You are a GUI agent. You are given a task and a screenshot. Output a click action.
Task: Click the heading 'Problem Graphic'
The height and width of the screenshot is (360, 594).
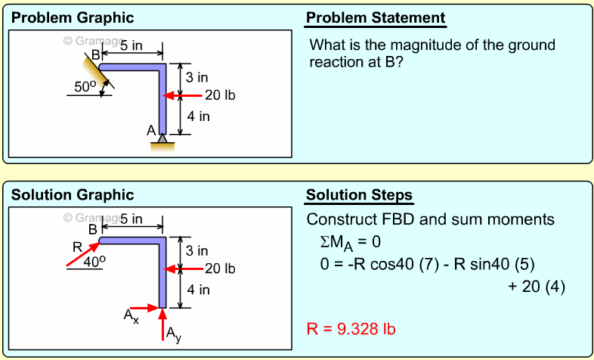(73, 18)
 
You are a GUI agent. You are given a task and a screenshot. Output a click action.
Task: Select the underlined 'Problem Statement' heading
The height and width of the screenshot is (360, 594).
(376, 18)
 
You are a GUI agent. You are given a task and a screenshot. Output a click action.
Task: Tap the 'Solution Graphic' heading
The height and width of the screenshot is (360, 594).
(73, 195)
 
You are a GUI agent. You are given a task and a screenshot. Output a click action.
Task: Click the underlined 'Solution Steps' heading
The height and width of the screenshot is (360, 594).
(359, 196)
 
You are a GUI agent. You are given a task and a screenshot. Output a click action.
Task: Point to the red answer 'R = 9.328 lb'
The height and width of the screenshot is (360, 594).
(351, 329)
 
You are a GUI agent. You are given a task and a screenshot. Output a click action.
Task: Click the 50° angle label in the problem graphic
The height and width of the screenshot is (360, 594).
(85, 87)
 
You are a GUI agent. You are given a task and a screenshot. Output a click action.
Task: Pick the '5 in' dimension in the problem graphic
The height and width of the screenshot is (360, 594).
(131, 45)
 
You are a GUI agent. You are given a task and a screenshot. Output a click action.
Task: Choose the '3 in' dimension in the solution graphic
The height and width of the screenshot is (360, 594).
(197, 250)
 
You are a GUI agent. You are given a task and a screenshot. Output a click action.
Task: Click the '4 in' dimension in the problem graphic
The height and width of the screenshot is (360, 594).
(198, 116)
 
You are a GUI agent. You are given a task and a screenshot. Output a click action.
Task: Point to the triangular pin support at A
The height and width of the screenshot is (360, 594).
(162, 140)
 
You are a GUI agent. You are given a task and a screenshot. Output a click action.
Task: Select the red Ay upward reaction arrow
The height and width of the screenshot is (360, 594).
(162, 325)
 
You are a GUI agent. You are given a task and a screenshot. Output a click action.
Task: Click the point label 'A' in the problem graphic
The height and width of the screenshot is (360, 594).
(151, 130)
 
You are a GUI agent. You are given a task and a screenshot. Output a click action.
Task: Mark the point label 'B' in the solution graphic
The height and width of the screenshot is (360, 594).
(92, 229)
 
